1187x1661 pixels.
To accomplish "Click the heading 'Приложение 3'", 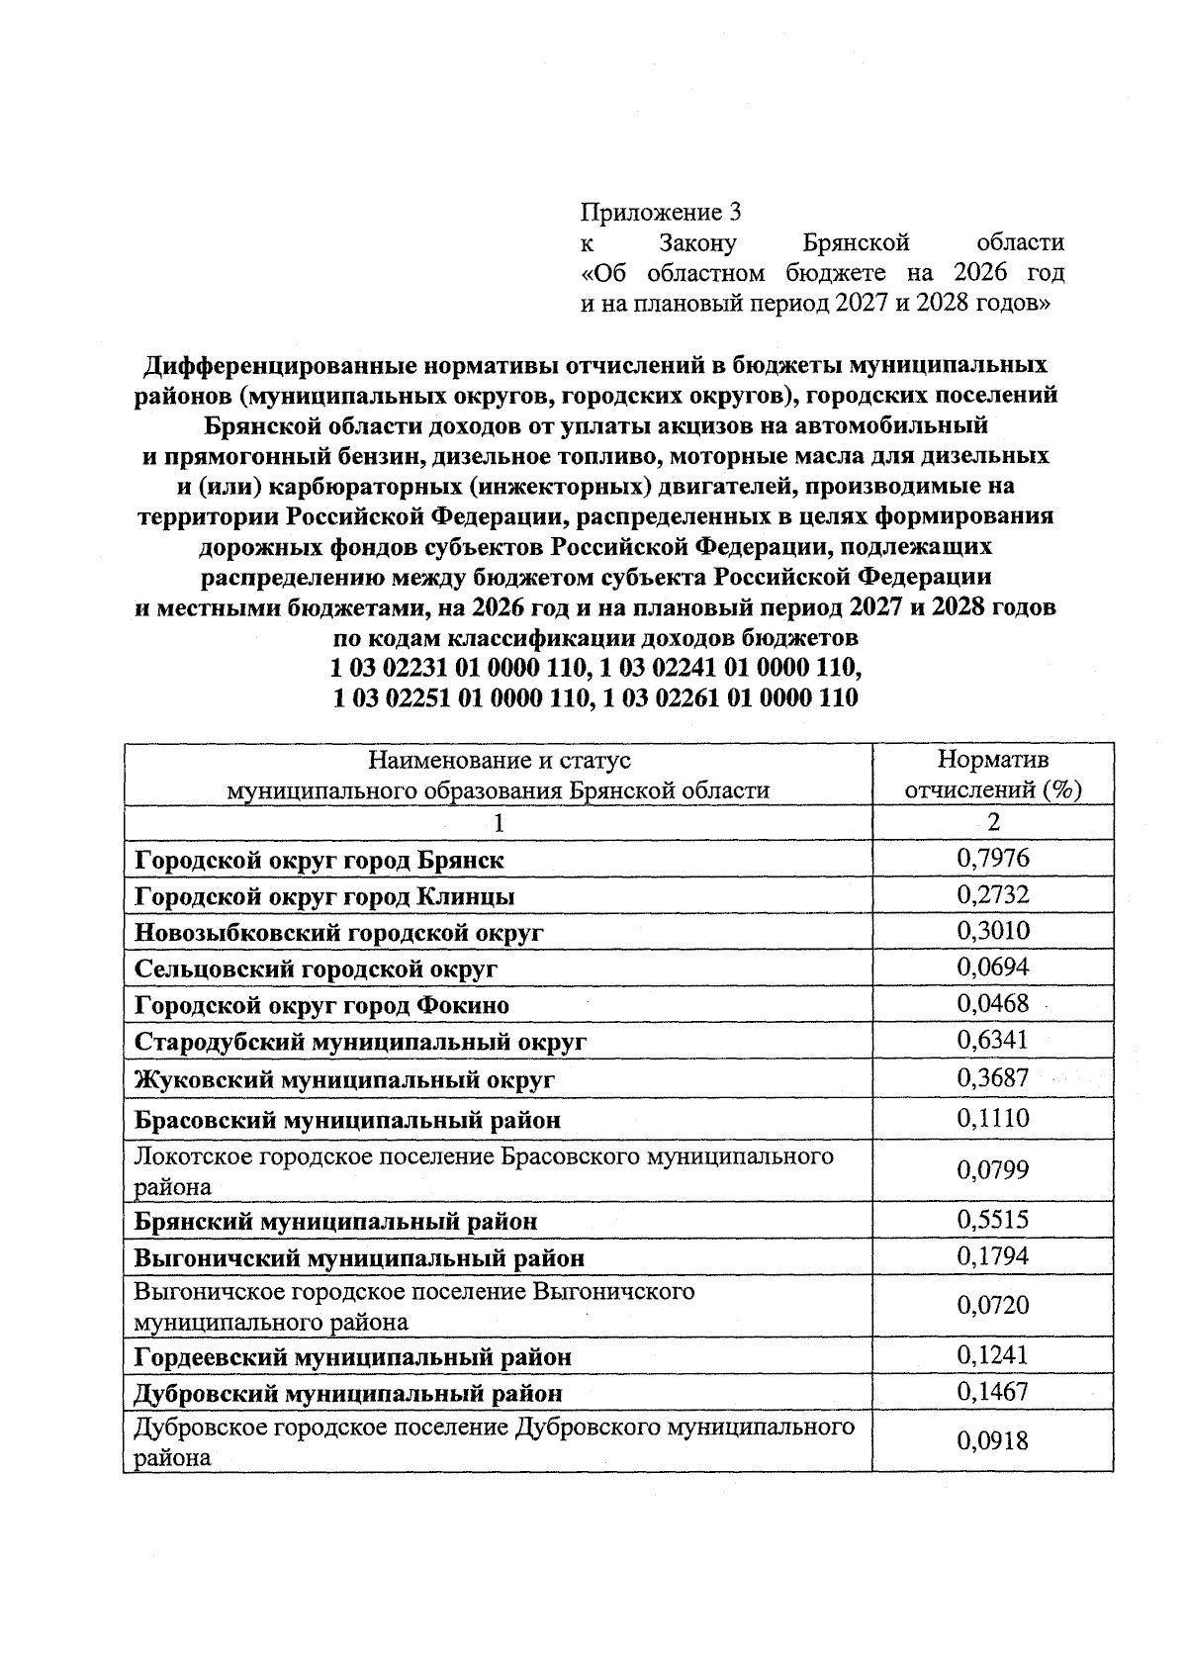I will coord(660,212).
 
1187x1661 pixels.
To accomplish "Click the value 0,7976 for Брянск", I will coord(992,858).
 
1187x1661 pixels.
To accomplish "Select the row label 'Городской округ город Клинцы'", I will coord(324,897).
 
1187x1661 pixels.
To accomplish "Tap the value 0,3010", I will coord(992,931).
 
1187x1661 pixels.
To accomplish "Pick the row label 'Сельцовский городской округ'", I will coord(316,969).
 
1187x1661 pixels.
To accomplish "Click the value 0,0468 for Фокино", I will coord(992,1004).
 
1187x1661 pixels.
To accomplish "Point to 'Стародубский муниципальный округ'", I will coord(360,1042).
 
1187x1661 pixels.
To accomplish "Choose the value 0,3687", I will coord(992,1077).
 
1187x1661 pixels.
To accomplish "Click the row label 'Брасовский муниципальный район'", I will coord(347,1121).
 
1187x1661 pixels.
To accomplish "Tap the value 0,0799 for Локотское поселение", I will coord(992,1170).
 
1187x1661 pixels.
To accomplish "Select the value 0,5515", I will coord(992,1221).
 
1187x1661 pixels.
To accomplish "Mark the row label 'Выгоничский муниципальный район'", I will coord(359,1258).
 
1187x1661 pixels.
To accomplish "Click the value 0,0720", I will coord(992,1306).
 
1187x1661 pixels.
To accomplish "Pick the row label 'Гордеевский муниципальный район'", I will coord(352,1356).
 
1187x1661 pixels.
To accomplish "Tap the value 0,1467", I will coord(992,1392).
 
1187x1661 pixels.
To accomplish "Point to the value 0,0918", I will coord(992,1440).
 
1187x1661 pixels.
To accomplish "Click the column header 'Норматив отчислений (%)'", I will coord(992,775).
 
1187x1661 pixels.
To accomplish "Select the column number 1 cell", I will coord(499,823).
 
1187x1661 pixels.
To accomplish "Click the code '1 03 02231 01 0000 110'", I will coord(456,668).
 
